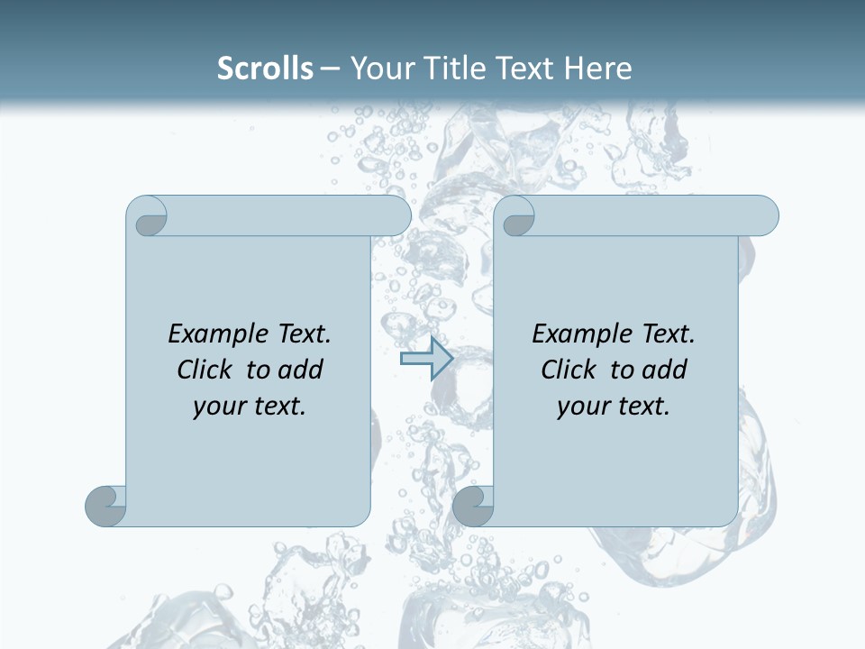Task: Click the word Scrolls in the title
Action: point(265,69)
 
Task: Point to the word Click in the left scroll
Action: point(207,370)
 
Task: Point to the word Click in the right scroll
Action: point(571,370)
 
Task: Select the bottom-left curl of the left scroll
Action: point(105,506)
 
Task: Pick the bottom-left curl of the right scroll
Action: point(473,506)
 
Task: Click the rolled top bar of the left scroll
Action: point(288,215)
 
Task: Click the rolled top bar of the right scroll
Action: point(655,215)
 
